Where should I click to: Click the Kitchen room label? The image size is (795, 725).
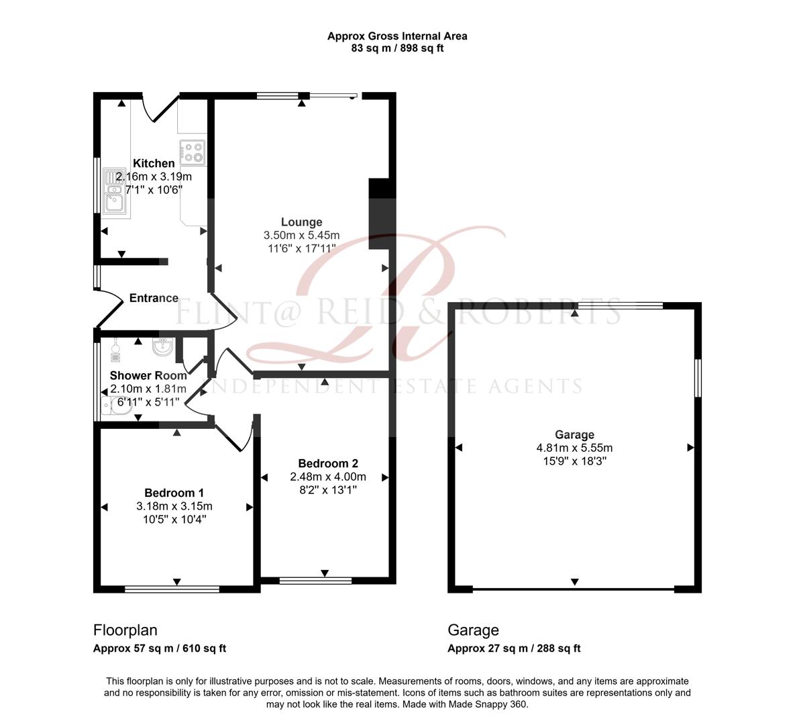[x=154, y=163]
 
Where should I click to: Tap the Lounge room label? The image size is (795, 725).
[x=301, y=222]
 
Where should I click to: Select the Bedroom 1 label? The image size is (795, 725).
[x=174, y=493]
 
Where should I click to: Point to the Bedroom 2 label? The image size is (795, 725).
[x=328, y=463]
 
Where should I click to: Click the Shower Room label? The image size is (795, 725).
[x=148, y=375]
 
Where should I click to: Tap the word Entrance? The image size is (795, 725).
[x=154, y=298]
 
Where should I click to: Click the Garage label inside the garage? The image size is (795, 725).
[x=574, y=434]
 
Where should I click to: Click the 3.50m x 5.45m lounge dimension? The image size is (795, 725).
[x=301, y=236]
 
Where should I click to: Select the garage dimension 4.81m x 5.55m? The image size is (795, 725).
[x=574, y=448]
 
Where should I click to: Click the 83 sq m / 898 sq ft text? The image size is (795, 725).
[x=397, y=48]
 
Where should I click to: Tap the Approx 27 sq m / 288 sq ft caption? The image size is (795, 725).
[x=514, y=648]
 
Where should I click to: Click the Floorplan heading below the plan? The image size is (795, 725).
[x=125, y=630]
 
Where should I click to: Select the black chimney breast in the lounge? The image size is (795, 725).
[x=380, y=213]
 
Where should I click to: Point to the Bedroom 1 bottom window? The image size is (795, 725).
[x=172, y=589]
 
